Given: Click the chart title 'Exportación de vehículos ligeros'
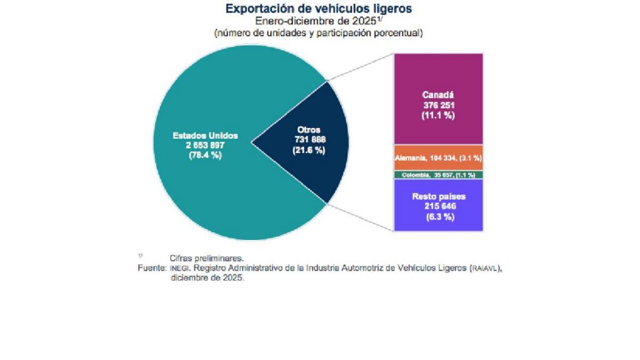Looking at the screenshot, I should pyautogui.click(x=319, y=9).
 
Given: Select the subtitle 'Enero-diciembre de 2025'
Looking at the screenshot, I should pyautogui.click(x=316, y=21).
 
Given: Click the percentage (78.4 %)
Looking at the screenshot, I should pyautogui.click(x=205, y=156).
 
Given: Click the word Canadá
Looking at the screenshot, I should pyautogui.click(x=437, y=95).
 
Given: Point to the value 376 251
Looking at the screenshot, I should pyautogui.click(x=437, y=105).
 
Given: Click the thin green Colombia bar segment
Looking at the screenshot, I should pyautogui.click(x=438, y=175).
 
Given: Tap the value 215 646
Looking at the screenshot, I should pyautogui.click(x=437, y=206).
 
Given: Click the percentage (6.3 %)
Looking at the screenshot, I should pyautogui.click(x=437, y=217).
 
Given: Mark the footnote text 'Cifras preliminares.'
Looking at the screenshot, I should pyautogui.click(x=206, y=257).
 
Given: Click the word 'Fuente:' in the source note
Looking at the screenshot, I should pyautogui.click(x=152, y=267).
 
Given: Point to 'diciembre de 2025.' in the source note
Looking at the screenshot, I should pyautogui.click(x=207, y=277).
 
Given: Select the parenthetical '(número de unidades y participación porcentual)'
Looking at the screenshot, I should pyautogui.click(x=319, y=32).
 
